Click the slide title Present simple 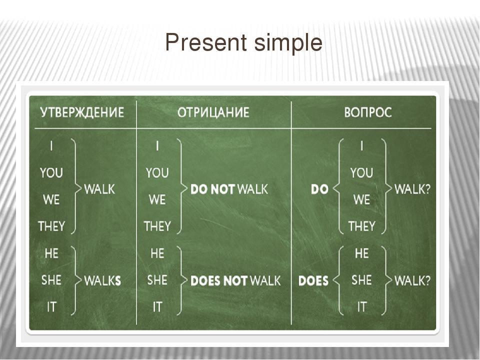tap(243, 43)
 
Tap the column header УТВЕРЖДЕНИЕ tap(82, 112)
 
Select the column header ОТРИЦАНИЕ tap(213, 112)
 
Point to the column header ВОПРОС tap(368, 112)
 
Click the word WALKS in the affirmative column tap(102, 280)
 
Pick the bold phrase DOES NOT tap(219, 280)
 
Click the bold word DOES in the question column tap(313, 280)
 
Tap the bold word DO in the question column tap(319, 189)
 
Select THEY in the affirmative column tap(51, 226)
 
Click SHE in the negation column tap(157, 280)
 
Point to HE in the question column tap(361, 253)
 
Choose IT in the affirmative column tap(51, 306)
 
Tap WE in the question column tap(361, 200)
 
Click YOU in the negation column tap(157, 173)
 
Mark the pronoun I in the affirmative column tap(51, 146)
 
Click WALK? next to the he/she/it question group tap(412, 280)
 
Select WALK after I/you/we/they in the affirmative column tap(99, 189)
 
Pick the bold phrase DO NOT tap(212, 189)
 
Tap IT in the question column tap(361, 306)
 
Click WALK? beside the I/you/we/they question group tap(412, 189)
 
